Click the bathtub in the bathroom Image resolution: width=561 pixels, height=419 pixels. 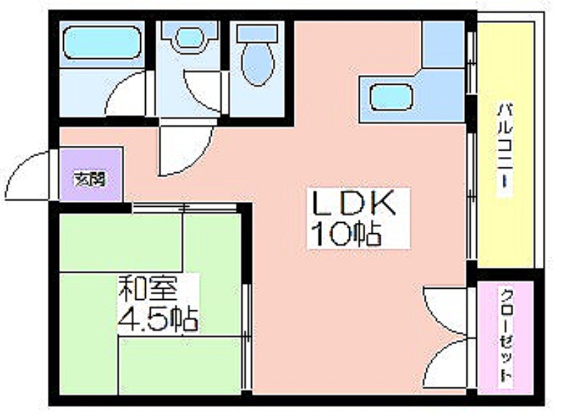click(x=102, y=42)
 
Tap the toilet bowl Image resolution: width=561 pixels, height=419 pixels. click(x=257, y=64)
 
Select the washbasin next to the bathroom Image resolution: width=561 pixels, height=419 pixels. click(x=189, y=38)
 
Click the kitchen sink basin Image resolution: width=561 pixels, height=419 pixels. click(x=391, y=97)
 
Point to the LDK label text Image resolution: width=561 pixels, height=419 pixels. click(x=355, y=204)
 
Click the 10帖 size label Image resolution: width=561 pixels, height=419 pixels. click(x=346, y=234)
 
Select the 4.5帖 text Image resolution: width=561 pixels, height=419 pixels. click(x=158, y=319)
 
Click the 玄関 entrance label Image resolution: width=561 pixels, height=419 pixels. click(x=90, y=179)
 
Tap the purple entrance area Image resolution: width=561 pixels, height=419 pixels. click(x=91, y=174)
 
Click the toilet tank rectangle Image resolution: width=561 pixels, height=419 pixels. click(x=257, y=32)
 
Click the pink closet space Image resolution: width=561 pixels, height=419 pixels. click(x=506, y=338)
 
